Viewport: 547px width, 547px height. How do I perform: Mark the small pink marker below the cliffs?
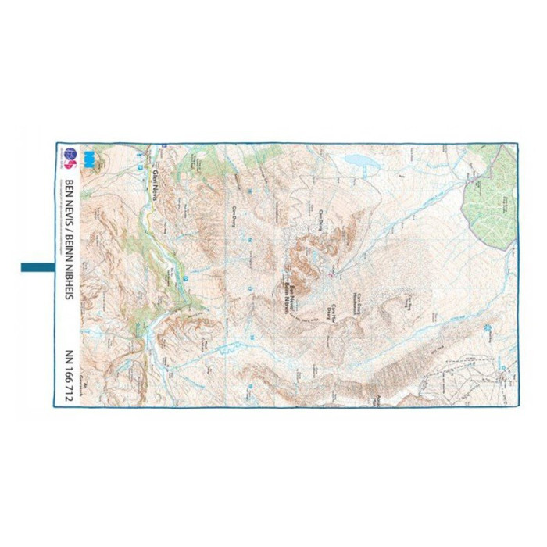(331, 273)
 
